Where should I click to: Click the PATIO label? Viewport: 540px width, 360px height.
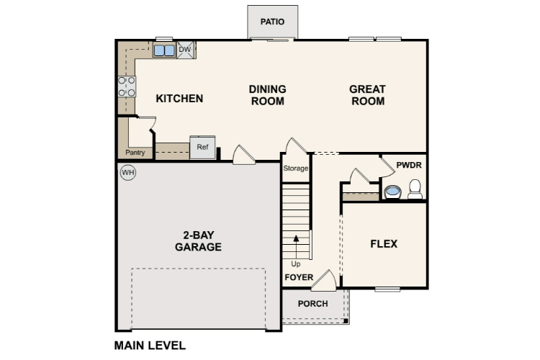pyautogui.click(x=272, y=22)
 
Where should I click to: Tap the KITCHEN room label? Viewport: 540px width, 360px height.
pyautogui.click(x=179, y=99)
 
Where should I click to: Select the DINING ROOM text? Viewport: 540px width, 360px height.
pyautogui.click(x=267, y=95)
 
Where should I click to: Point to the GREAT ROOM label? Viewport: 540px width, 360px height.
pyautogui.click(x=367, y=95)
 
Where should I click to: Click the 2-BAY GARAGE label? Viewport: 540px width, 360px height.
pyautogui.click(x=198, y=240)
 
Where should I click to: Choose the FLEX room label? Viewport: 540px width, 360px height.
pyautogui.click(x=384, y=244)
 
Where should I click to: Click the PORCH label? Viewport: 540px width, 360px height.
pyautogui.click(x=312, y=304)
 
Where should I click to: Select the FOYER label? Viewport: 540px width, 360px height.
pyautogui.click(x=299, y=277)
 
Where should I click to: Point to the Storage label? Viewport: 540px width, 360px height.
pyautogui.click(x=295, y=168)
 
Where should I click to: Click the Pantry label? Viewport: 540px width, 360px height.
pyautogui.click(x=135, y=153)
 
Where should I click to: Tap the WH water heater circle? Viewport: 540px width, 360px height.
pyautogui.click(x=127, y=172)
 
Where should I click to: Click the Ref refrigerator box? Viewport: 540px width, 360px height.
pyautogui.click(x=202, y=148)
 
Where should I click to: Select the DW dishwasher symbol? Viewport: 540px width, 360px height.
pyautogui.click(x=185, y=49)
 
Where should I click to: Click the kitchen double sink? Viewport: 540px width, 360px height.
pyautogui.click(x=163, y=50)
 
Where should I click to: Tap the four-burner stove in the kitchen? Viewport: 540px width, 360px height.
pyautogui.click(x=127, y=87)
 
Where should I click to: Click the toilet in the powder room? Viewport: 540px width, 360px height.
pyautogui.click(x=415, y=189)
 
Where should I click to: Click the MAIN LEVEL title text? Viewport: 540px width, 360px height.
pyautogui.click(x=150, y=346)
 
